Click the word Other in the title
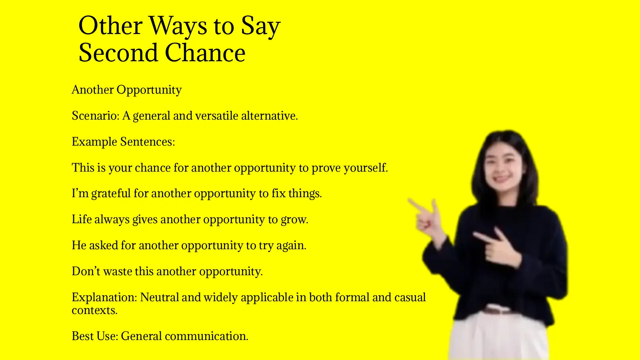click(110, 26)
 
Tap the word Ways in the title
click(178, 27)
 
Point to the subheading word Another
click(93, 90)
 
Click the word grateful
click(111, 194)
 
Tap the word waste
click(118, 271)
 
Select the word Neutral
click(159, 297)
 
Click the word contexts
click(94, 310)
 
